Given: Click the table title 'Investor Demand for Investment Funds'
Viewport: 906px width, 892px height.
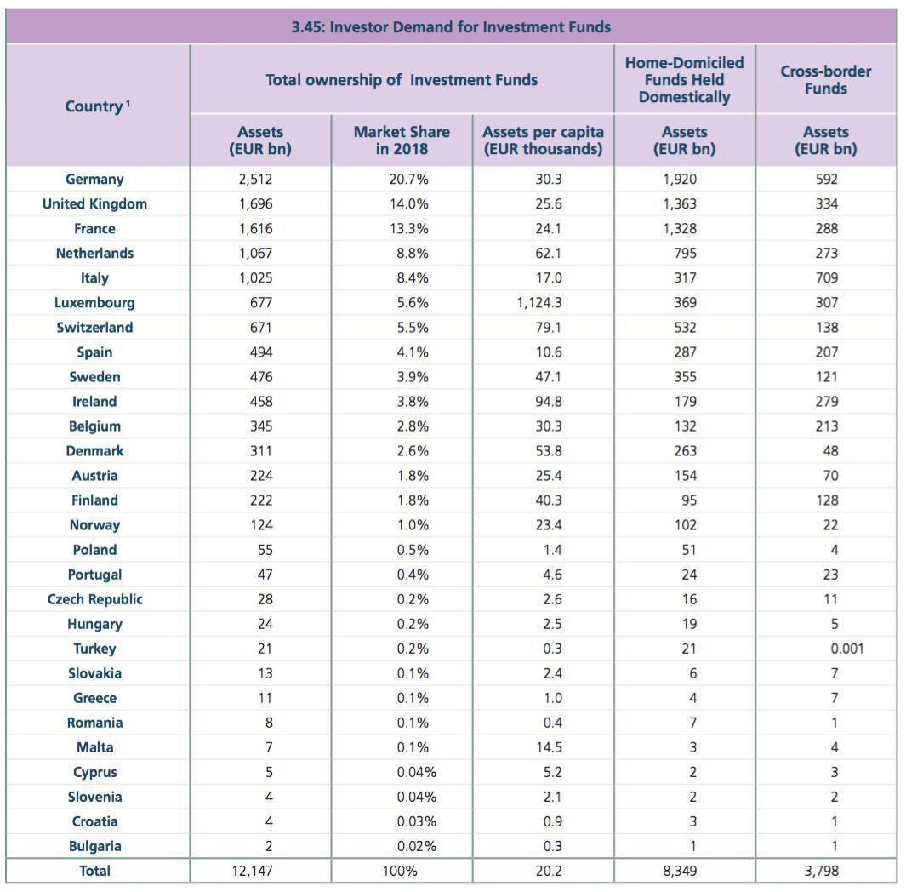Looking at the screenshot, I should click(x=451, y=26).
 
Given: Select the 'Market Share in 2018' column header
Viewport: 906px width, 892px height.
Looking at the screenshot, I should click(x=402, y=140).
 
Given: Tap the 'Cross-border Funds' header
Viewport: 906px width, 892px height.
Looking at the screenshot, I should click(x=825, y=80).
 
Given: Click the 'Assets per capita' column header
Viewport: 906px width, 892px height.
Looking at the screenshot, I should click(x=543, y=140).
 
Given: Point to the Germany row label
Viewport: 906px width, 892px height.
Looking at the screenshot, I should click(x=94, y=179).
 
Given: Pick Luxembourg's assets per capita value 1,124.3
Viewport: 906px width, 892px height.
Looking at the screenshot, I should click(x=543, y=302).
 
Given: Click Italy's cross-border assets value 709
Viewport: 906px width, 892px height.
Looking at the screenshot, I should click(x=825, y=277).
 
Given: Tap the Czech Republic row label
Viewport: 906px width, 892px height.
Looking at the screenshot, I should click(x=94, y=599).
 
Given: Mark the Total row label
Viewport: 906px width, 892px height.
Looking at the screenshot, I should click(x=94, y=871).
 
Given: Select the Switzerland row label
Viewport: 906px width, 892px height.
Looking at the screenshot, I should click(x=94, y=327).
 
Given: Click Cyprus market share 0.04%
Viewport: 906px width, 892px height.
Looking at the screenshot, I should click(x=417, y=772).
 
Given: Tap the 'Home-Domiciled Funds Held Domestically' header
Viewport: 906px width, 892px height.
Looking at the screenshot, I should click(x=684, y=80).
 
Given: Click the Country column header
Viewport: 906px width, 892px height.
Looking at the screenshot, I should click(x=97, y=106).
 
